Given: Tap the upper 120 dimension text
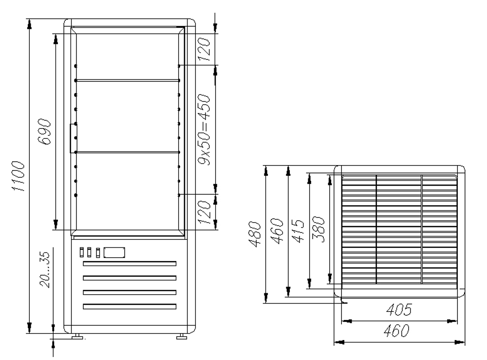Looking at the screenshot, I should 205,49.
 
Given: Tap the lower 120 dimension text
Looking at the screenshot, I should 205,211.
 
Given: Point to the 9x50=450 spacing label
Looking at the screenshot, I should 205,130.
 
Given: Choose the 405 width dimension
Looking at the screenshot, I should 399,310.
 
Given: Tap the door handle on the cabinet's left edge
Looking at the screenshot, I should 72,137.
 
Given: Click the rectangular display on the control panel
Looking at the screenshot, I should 114,252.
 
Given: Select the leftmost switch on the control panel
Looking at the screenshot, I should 81,252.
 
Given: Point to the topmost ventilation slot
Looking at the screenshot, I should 130,264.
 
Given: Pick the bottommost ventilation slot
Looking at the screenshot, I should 130,306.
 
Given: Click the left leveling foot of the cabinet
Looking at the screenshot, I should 76,336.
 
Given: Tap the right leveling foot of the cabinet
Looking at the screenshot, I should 182,336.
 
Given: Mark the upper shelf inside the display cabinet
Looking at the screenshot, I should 128,80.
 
